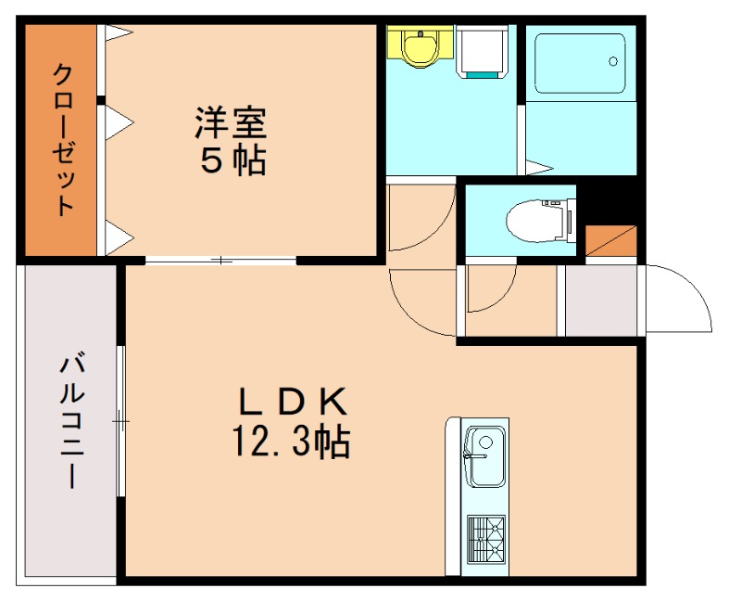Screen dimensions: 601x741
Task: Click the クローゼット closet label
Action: tap(62, 139)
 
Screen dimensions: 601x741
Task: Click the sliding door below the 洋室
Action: tap(221, 261)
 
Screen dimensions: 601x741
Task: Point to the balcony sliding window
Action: tap(120, 421)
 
